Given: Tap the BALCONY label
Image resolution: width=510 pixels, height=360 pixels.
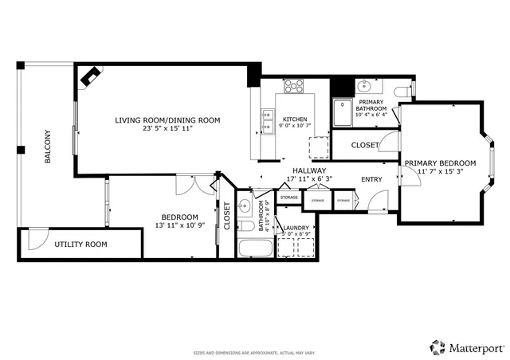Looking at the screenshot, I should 48,147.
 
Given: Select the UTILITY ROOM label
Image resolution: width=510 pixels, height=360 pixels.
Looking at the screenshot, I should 80,245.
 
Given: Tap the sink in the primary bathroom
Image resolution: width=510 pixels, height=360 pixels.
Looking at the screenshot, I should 364,85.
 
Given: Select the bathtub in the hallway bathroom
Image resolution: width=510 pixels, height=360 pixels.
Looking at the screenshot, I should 256,247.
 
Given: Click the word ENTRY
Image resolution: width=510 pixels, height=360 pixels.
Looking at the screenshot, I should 371,179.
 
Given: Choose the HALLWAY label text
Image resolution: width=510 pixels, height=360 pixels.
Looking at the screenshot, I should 308,170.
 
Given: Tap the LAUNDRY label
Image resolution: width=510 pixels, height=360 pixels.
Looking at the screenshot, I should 296,228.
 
